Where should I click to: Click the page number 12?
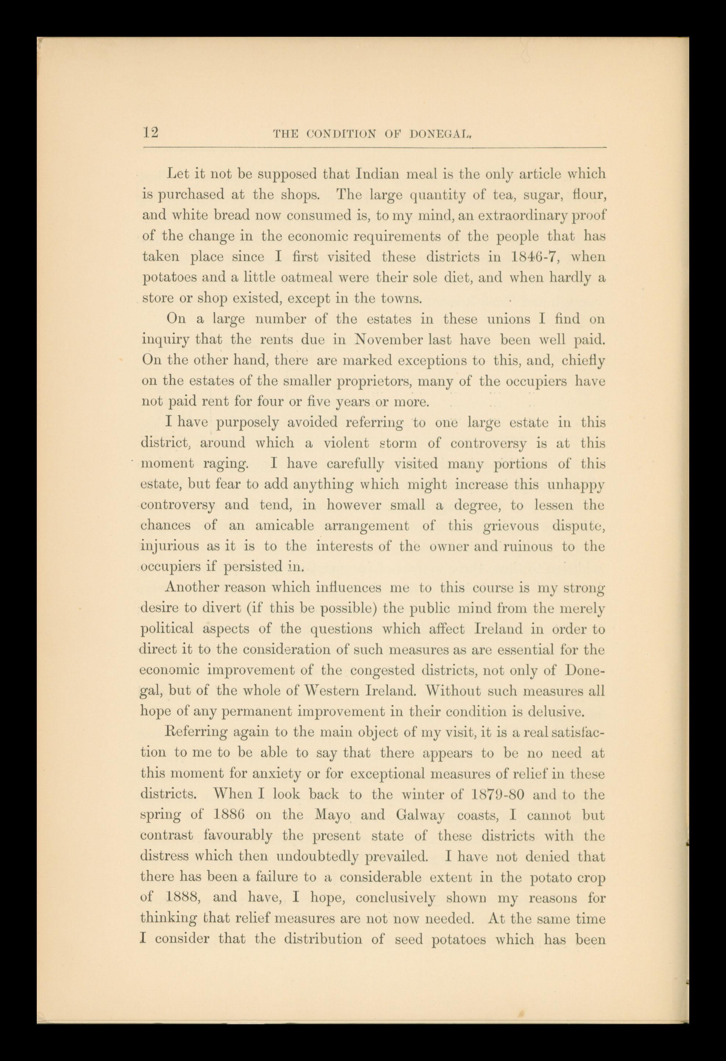point(150,133)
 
